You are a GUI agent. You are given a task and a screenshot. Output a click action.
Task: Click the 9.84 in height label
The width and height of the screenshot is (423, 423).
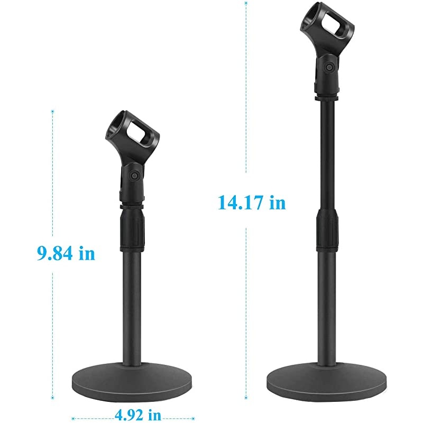[x=66, y=253]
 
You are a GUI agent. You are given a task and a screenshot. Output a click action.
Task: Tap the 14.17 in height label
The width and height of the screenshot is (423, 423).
[x=252, y=202]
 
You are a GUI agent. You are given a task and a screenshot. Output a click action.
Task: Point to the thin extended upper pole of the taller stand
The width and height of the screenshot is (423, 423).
[x=327, y=153]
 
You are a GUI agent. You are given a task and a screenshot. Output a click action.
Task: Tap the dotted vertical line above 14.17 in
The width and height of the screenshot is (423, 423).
[x=246, y=95]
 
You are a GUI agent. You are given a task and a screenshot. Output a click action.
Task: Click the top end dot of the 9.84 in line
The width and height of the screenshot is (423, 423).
[x=52, y=111]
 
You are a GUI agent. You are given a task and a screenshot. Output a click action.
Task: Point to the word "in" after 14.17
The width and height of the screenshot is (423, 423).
[x=277, y=202]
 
